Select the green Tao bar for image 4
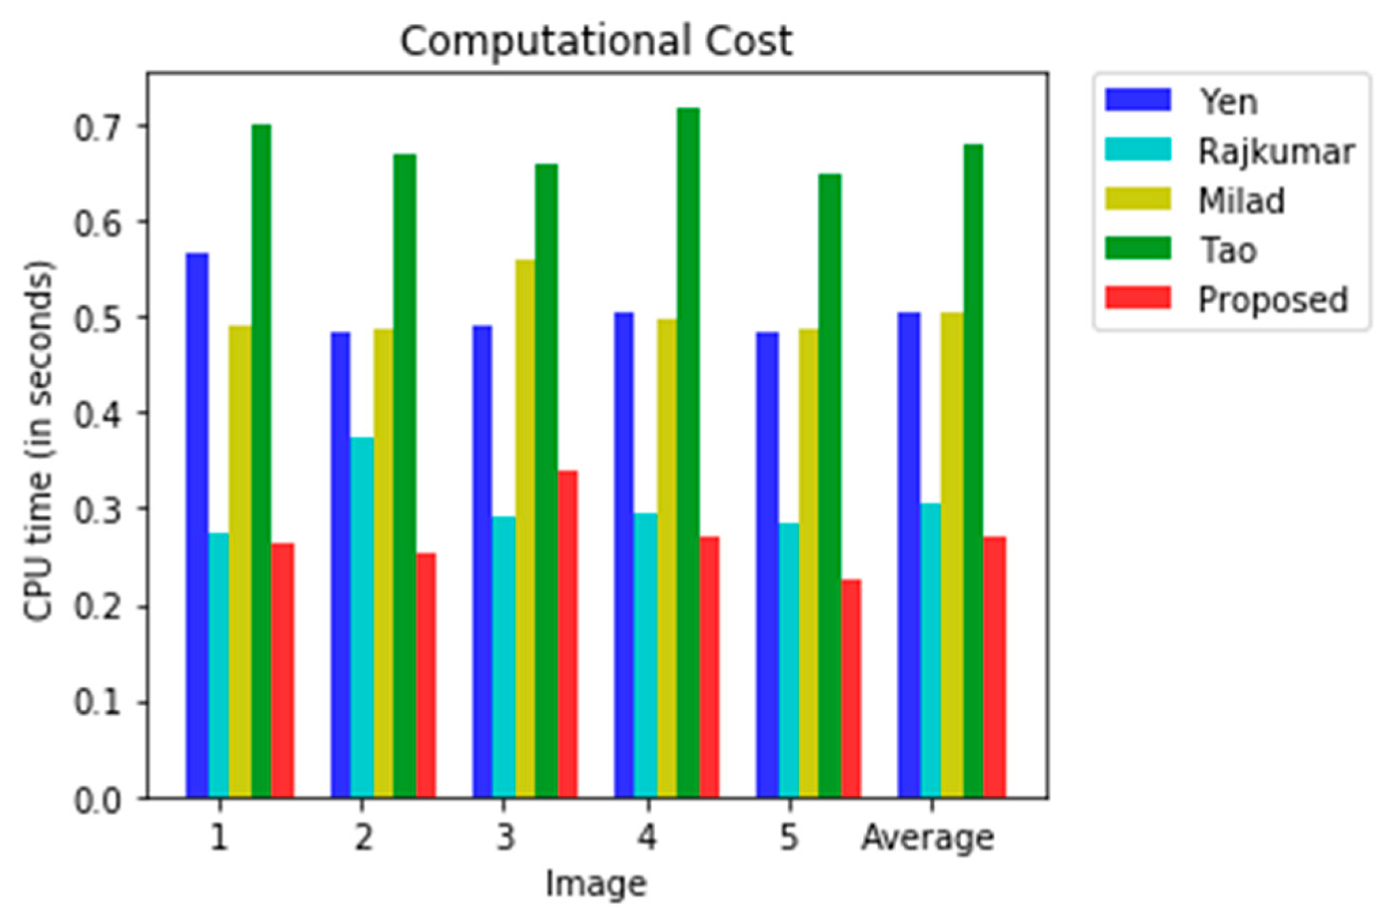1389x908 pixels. (687, 452)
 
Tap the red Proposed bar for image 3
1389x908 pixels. (567, 634)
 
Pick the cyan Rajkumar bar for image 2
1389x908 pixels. (361, 617)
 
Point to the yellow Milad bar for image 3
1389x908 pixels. (524, 528)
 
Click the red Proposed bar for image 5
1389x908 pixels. (851, 688)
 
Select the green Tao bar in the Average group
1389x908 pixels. (973, 470)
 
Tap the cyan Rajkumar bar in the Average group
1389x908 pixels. (930, 650)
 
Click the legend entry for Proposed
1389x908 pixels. (1272, 299)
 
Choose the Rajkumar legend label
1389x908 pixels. (1275, 152)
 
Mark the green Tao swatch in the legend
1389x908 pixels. (1138, 249)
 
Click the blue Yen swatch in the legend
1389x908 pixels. (1138, 101)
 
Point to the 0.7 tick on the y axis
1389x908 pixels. (98, 128)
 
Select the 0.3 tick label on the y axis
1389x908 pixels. (98, 511)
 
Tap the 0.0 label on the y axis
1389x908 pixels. (98, 800)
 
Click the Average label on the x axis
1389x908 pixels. (927, 838)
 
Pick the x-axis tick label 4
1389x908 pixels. (647, 838)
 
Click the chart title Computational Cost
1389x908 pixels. (596, 40)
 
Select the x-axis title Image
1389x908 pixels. (596, 883)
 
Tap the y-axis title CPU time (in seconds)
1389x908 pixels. (39, 441)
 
